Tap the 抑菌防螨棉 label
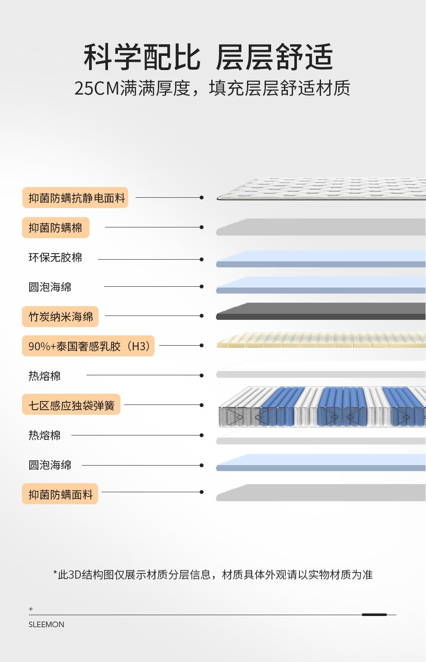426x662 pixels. tap(56, 227)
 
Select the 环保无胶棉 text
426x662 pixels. tap(55, 257)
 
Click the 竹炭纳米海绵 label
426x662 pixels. tap(60, 317)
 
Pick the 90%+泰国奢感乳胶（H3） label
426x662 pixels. tap(88, 346)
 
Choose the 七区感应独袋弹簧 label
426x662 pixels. tap(71, 405)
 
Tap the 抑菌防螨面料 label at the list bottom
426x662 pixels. tap(60, 494)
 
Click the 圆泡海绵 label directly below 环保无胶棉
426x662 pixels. tap(50, 287)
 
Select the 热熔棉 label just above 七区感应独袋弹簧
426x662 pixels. tap(44, 376)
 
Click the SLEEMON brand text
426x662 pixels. tap(46, 625)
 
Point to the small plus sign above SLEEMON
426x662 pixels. tap(31, 609)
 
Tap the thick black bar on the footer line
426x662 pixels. tap(374, 615)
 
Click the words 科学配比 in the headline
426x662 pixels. tap(142, 57)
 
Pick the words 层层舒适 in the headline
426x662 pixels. tap(275, 57)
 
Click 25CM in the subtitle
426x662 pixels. tap(96, 89)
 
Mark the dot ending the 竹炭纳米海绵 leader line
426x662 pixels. tap(201, 316)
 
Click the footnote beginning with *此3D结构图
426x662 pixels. tap(213, 575)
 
